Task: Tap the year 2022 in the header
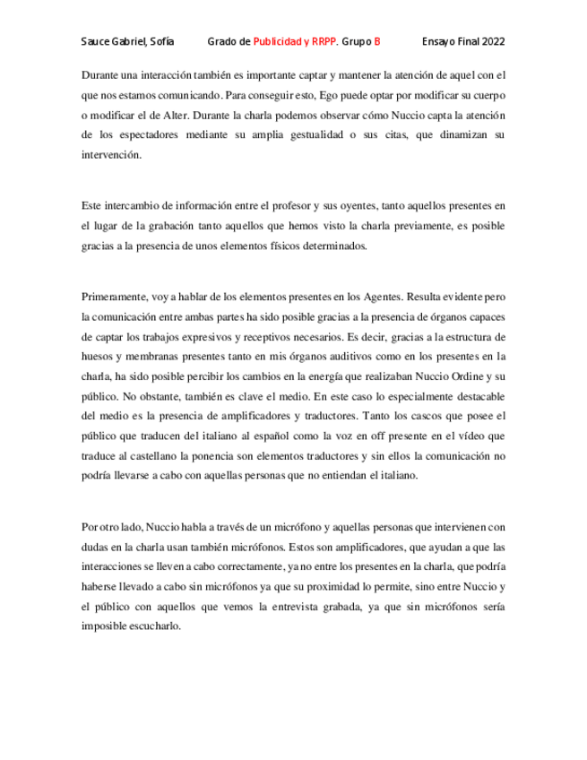[x=492, y=41]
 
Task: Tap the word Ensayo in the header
[x=443, y=41]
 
